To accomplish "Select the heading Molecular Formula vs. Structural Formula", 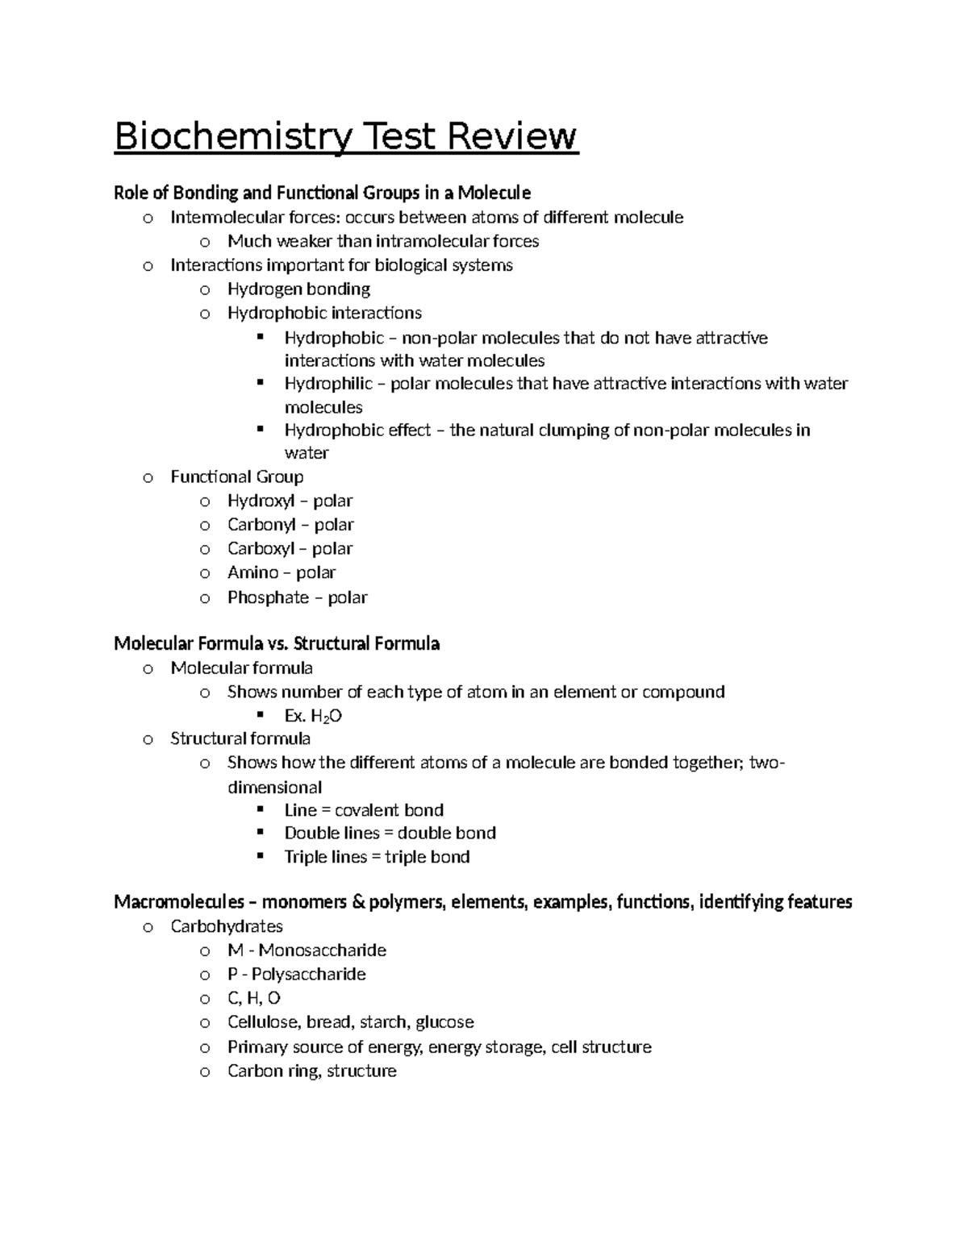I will point(277,643).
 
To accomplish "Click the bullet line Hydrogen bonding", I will point(298,289).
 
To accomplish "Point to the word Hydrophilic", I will point(328,384).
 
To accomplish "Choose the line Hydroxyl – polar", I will point(290,501).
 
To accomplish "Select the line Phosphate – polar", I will point(297,597).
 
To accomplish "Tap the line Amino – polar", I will point(281,572).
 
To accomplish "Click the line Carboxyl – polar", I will point(290,548).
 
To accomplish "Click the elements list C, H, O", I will point(253,998).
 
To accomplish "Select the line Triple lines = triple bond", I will point(377,857).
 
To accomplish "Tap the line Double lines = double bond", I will point(390,833).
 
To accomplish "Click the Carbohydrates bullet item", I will point(226,926).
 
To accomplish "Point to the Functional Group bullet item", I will point(236,476).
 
